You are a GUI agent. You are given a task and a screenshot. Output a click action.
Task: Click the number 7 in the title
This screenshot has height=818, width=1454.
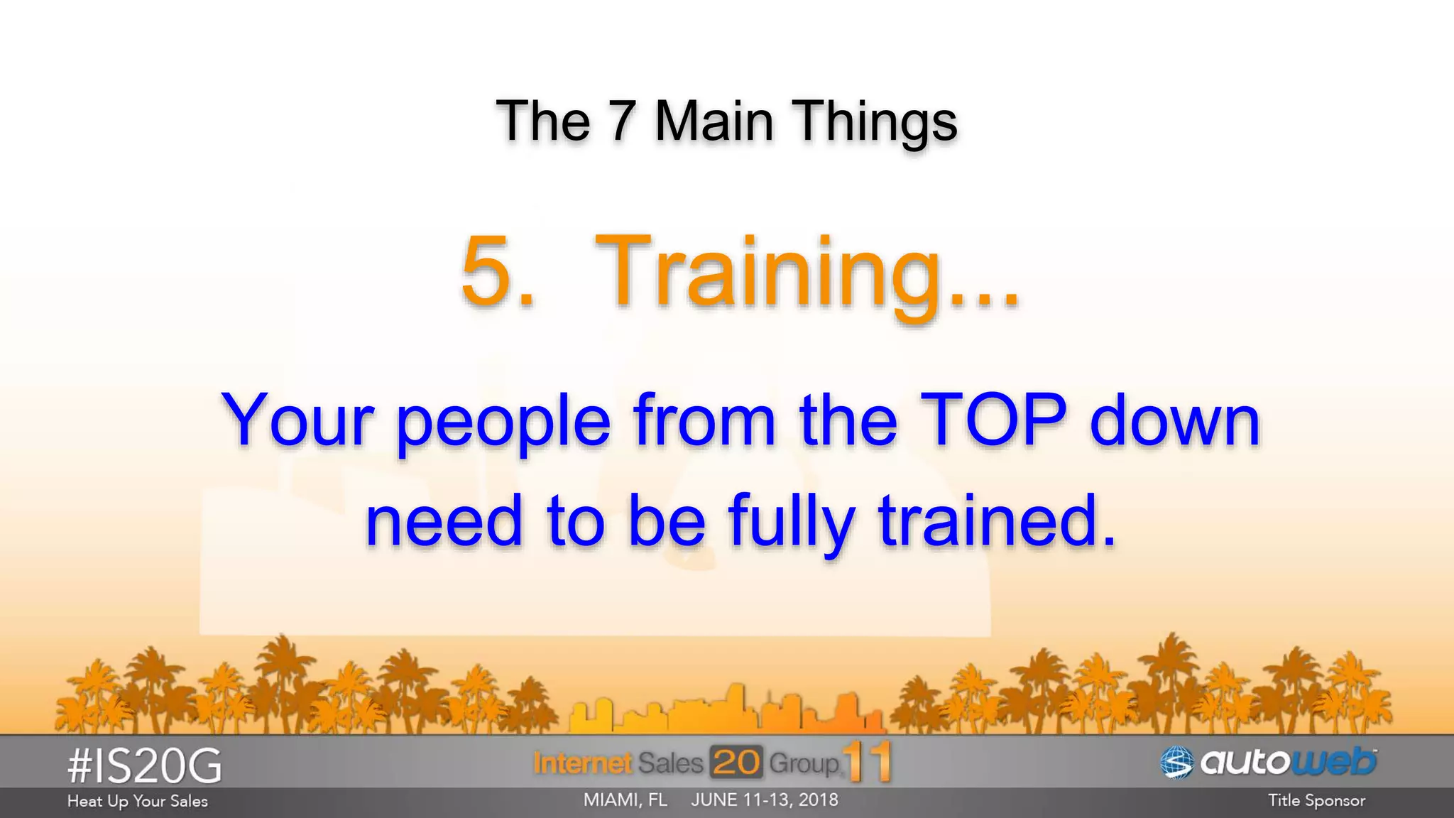(x=621, y=121)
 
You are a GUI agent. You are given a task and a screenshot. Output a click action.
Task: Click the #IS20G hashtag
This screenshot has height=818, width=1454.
(x=145, y=766)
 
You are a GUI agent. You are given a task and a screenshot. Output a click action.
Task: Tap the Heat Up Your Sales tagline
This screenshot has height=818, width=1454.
(x=138, y=802)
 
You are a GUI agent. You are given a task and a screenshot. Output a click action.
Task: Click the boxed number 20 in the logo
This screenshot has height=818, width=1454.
(x=736, y=763)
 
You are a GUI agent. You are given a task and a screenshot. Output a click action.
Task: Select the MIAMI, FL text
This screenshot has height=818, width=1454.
(x=625, y=800)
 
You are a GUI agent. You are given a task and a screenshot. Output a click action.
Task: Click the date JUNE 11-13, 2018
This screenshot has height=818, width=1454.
(x=765, y=800)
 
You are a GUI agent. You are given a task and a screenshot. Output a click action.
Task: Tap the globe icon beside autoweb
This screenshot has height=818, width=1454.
(x=1176, y=763)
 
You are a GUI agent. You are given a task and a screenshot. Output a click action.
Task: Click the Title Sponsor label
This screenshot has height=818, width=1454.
(x=1316, y=801)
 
